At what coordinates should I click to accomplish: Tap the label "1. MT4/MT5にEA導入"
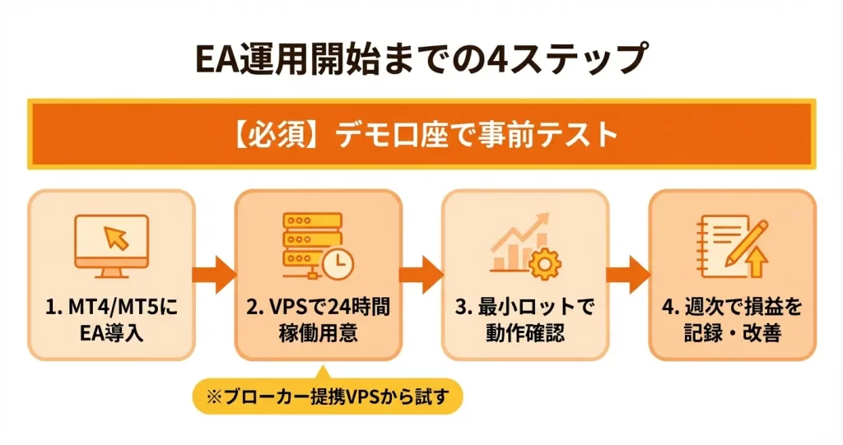(111, 322)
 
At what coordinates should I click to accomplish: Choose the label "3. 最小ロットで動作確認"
(525, 322)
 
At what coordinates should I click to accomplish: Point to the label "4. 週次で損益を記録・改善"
(732, 322)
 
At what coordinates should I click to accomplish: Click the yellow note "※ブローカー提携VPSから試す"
(328, 397)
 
